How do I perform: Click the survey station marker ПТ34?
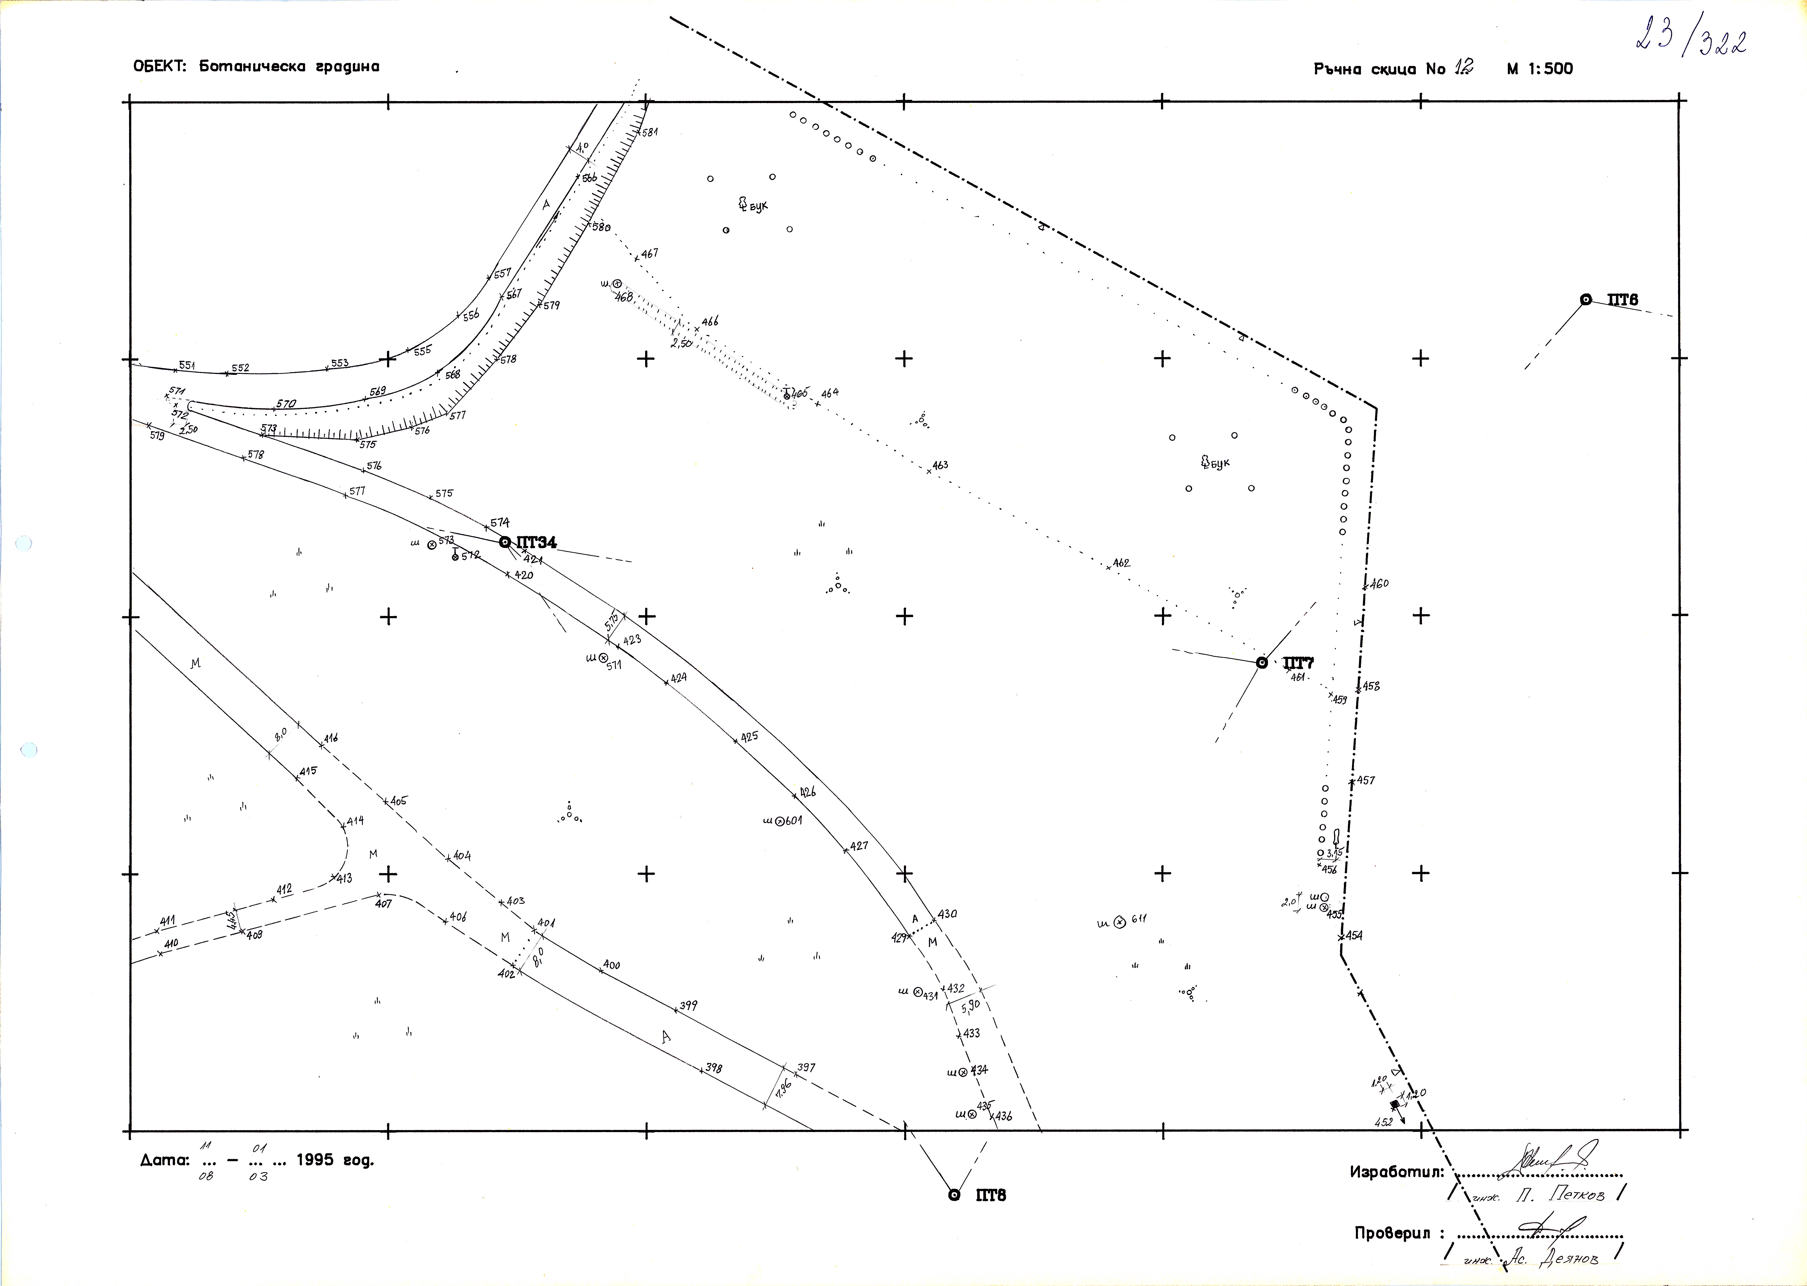505,542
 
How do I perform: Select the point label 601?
793,820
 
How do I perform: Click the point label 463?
940,466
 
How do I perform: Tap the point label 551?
187,365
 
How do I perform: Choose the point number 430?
947,914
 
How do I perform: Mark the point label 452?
1383,1122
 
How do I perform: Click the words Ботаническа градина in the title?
289,66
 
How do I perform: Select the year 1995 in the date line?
315,1161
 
